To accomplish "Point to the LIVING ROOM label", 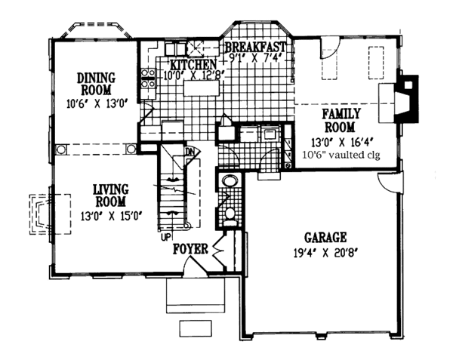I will [x=110, y=194].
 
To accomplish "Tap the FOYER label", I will [x=190, y=248].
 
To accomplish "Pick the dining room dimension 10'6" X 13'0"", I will [x=94, y=104].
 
